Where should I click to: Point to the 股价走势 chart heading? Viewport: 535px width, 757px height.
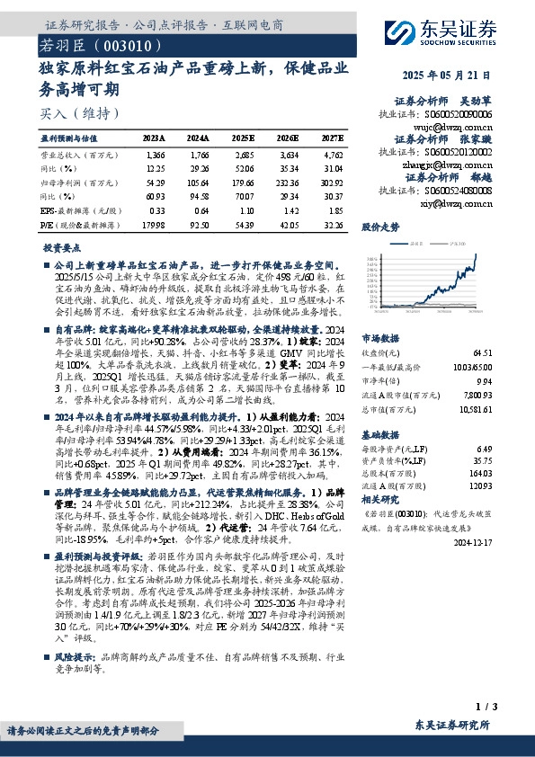tap(380, 227)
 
